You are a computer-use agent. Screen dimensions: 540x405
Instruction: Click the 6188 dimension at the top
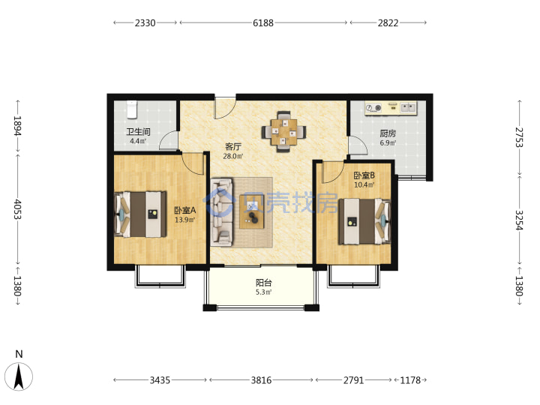pos(263,23)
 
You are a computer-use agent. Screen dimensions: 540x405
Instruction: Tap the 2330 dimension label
pos(145,23)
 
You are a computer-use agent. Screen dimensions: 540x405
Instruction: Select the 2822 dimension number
pos(388,23)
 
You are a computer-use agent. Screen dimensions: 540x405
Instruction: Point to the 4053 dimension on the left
pos(17,209)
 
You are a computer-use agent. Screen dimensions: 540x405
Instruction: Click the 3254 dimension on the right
pos(519,220)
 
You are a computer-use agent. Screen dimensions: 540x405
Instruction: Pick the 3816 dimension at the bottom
pos(261,380)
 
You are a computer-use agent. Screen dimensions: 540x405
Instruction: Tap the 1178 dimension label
pos(410,380)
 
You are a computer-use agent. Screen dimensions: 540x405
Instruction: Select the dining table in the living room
pos(283,131)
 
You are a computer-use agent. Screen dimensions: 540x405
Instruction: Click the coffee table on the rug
pos(252,211)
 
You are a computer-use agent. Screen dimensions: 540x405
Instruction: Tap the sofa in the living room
pos(221,211)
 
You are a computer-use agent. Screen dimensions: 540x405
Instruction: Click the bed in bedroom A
pos(140,214)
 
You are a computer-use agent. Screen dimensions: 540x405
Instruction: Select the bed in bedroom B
pos(364,221)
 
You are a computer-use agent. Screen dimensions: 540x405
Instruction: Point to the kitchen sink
pos(409,107)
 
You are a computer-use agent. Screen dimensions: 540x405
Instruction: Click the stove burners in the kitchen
pos(373,108)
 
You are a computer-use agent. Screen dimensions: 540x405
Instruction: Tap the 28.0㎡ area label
pos(233,156)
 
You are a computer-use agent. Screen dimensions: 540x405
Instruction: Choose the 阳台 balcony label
pos(264,283)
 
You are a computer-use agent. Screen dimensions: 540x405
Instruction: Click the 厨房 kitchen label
pos(388,133)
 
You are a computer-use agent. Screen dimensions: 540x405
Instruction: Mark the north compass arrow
pos(19,376)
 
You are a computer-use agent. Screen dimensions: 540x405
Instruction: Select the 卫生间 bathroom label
pos(138,131)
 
